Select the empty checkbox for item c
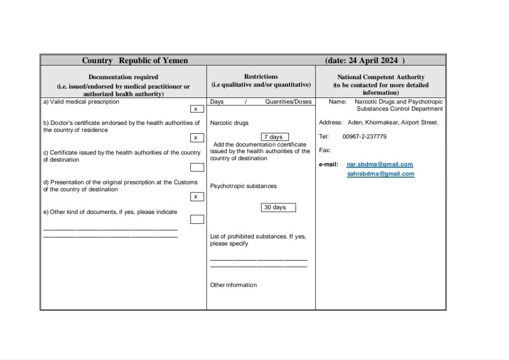[x=197, y=167]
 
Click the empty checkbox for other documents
[x=197, y=219]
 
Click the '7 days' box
[x=274, y=137]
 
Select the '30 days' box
[x=278, y=207]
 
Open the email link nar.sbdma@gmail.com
[x=380, y=165]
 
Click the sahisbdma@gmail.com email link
[x=380, y=174]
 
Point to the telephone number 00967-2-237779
[x=364, y=137]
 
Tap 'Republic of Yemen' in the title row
[x=153, y=61]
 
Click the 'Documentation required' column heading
[x=123, y=77]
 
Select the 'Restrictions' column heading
[x=261, y=77]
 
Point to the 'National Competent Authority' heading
[x=381, y=77]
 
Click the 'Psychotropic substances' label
[x=244, y=186]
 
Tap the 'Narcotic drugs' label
[x=229, y=123]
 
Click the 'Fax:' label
[x=325, y=150]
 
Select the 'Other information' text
[x=234, y=285]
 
